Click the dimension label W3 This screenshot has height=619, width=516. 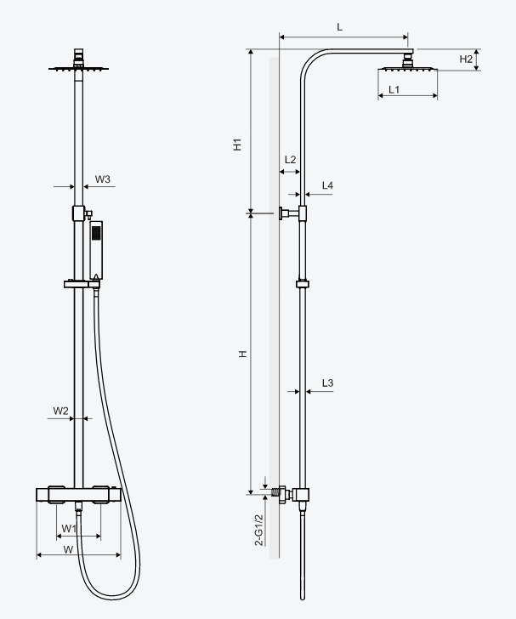point(103,179)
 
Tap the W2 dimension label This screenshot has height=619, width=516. point(61,411)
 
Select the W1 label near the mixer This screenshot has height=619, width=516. point(69,529)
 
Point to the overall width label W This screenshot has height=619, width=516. point(68,549)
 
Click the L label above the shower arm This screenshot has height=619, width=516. point(339,27)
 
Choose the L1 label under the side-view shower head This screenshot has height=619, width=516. point(394,89)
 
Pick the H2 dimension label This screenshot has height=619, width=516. point(466,60)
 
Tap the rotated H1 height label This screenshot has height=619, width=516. point(237,145)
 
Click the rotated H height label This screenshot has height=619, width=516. point(243,354)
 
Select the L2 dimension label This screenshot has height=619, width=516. point(290,160)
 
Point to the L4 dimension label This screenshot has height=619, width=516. point(327,185)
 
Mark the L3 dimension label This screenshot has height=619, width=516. point(327,383)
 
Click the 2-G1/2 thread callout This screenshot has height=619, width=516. point(259,531)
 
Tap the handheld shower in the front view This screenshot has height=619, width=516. point(96,250)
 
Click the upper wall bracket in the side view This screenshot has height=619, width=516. point(292,213)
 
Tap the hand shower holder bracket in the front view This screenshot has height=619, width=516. point(82,284)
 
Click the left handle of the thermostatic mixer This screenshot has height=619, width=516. point(56,495)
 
